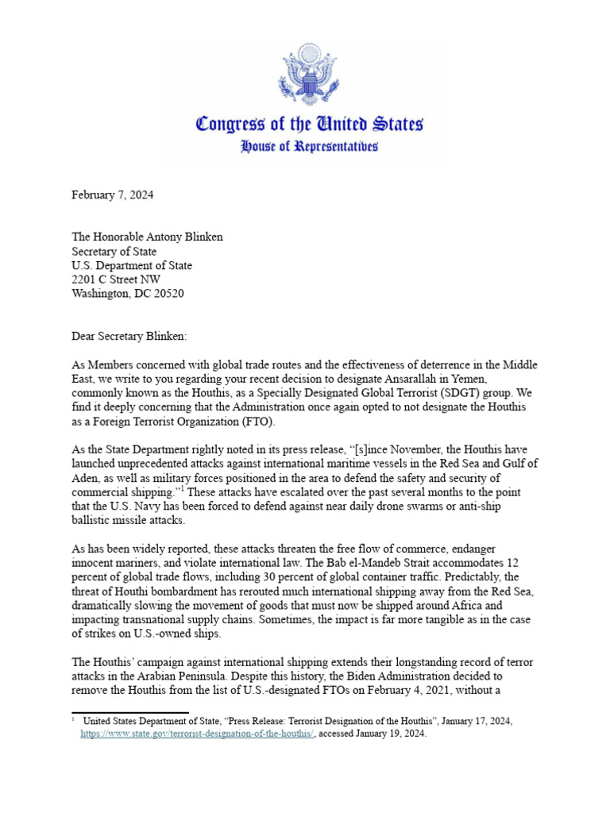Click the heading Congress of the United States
[x=309, y=124]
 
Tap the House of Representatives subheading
[x=309, y=146]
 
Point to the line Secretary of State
[x=114, y=251]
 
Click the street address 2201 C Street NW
[x=120, y=279]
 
